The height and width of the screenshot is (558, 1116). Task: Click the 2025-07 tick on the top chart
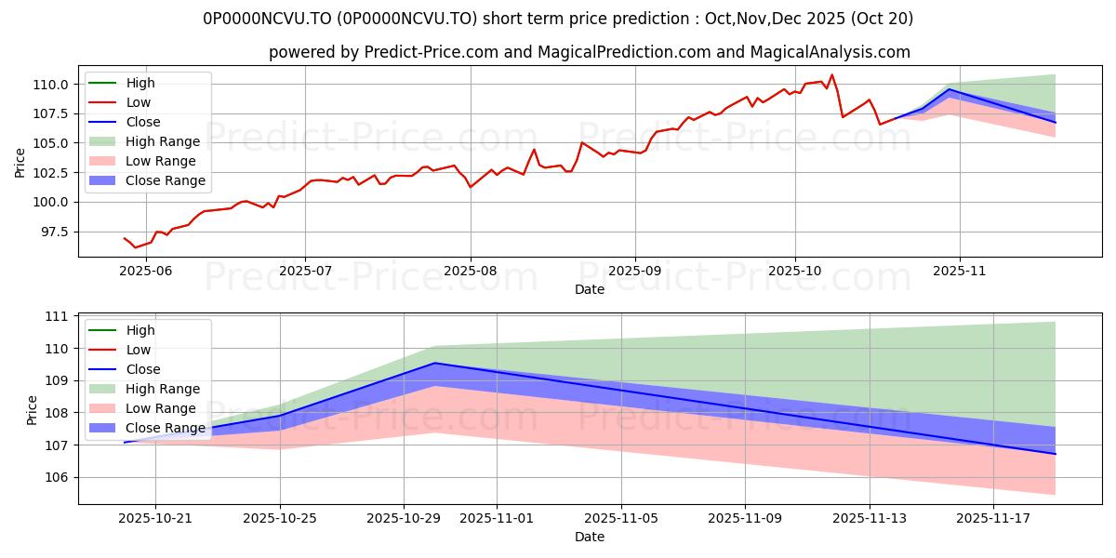point(305,270)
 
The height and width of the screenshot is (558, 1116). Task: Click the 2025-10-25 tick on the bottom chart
point(280,518)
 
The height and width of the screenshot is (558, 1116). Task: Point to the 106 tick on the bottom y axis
point(58,477)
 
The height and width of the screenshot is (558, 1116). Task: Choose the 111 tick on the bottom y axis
point(58,316)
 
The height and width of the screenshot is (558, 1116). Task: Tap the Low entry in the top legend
point(139,102)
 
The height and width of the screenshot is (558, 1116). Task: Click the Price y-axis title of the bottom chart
point(33,409)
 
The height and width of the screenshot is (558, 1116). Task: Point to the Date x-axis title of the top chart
point(590,289)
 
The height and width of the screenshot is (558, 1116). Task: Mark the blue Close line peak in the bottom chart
point(434,363)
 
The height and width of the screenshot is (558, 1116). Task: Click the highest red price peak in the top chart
point(831,75)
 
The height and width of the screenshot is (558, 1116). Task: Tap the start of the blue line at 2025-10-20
point(125,442)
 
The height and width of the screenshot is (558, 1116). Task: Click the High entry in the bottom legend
point(140,330)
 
